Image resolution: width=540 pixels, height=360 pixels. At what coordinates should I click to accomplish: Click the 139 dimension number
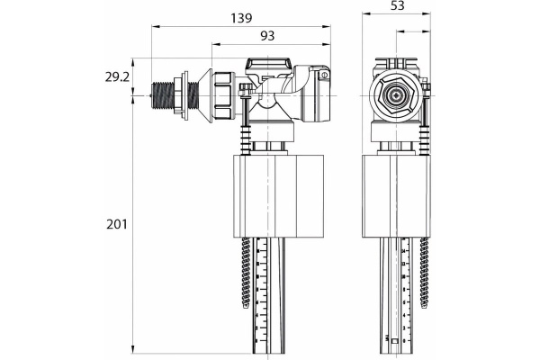pos(240,16)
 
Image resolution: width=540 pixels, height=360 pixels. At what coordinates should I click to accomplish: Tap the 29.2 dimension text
pos(117,77)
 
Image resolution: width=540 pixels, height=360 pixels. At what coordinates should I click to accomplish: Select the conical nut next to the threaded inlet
pos(222,95)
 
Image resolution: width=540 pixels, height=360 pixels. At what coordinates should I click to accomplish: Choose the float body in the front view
pos(395,194)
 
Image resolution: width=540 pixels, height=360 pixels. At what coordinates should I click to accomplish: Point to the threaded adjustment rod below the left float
pos(244,270)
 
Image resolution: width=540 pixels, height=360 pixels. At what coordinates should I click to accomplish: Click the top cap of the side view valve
pos(270,66)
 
